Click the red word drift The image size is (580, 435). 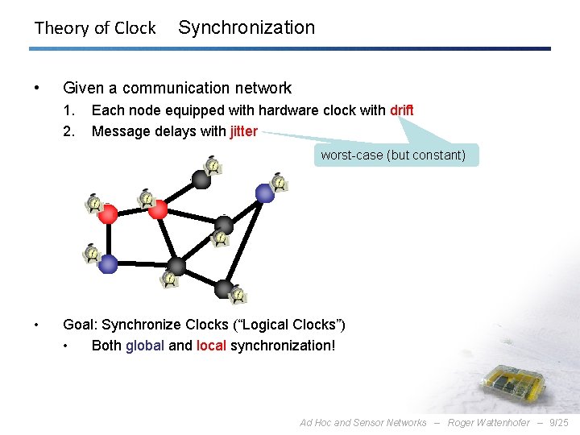click(401, 110)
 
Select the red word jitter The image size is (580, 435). click(243, 131)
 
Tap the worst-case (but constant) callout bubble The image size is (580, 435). click(393, 155)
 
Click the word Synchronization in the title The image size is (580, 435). click(246, 27)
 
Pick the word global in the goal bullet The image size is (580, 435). click(145, 346)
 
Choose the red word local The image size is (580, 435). click(211, 346)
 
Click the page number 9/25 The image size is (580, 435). click(558, 422)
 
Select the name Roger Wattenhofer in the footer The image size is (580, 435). click(489, 422)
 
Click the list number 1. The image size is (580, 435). click(68, 110)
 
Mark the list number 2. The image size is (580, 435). click(68, 131)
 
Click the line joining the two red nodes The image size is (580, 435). click(133, 212)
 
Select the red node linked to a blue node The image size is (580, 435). click(109, 213)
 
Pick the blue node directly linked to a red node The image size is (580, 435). click(109, 263)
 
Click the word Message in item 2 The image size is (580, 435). click(119, 131)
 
